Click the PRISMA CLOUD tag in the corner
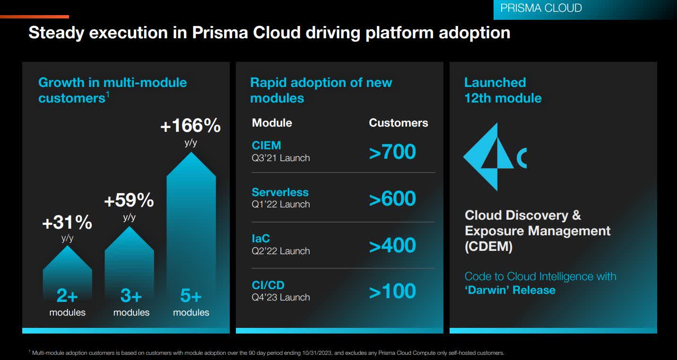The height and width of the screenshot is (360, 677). [x=541, y=9]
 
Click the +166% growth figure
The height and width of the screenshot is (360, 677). [x=191, y=126]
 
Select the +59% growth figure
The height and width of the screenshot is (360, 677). [x=129, y=200]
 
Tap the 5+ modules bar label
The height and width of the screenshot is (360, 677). [x=191, y=296]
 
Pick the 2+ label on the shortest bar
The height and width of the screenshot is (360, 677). [x=67, y=296]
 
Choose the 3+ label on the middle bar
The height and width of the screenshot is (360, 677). [x=131, y=296]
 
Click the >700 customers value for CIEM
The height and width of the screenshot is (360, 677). [x=392, y=152]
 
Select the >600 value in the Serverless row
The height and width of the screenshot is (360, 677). [x=392, y=199]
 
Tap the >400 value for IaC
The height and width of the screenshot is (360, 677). [x=392, y=246]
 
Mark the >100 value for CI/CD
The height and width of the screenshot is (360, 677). [x=392, y=291]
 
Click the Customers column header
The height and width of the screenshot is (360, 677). [x=398, y=123]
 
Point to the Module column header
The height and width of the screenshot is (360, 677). [x=272, y=123]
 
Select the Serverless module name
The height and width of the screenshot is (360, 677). [x=280, y=192]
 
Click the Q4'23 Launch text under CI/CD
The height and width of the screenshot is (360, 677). [x=281, y=298]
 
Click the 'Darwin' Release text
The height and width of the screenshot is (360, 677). [x=510, y=290]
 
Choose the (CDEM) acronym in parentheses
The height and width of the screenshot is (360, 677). [x=489, y=247]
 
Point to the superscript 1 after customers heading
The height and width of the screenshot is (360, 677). [x=108, y=94]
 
